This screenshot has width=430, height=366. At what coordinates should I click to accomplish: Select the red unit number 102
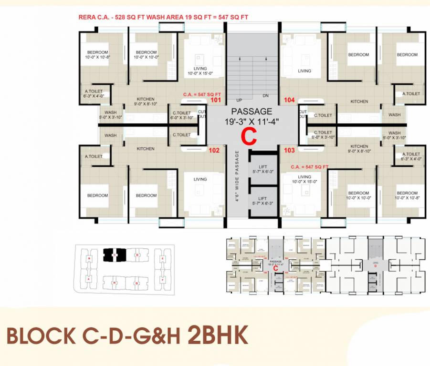tap(214, 150)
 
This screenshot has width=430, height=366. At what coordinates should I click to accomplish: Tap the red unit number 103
tap(289, 150)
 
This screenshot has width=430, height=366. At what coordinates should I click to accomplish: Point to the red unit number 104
tap(289, 100)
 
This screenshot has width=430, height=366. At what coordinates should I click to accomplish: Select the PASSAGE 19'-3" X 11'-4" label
tap(252, 117)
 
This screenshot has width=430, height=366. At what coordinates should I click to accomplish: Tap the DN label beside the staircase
tap(266, 95)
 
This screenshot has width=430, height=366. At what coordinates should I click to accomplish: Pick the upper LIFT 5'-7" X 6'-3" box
tap(262, 169)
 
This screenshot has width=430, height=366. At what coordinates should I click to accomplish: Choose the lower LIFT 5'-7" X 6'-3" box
tap(262, 201)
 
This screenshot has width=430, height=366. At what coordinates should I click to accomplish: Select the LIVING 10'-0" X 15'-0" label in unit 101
tap(200, 71)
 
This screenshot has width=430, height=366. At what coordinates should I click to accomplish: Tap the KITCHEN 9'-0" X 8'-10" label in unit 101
tap(145, 102)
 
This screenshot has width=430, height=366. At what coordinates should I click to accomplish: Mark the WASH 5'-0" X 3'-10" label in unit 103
tap(395, 135)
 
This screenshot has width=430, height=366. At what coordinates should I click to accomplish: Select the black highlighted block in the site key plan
tap(114, 255)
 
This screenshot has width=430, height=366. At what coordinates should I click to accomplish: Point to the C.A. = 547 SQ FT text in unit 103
tap(311, 167)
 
